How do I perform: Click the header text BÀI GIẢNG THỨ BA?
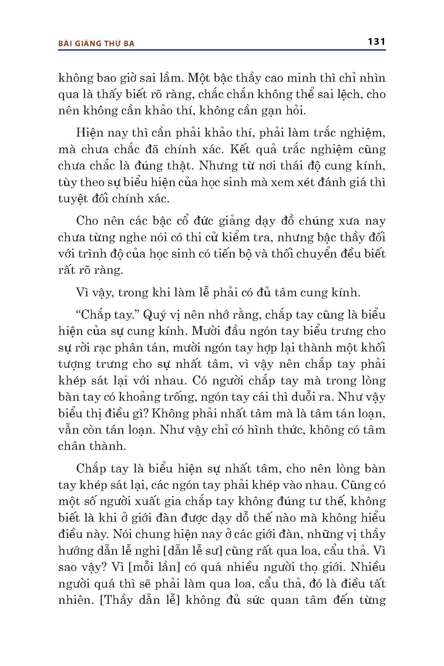click(x=96, y=43)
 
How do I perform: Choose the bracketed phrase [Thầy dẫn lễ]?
click(x=140, y=600)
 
